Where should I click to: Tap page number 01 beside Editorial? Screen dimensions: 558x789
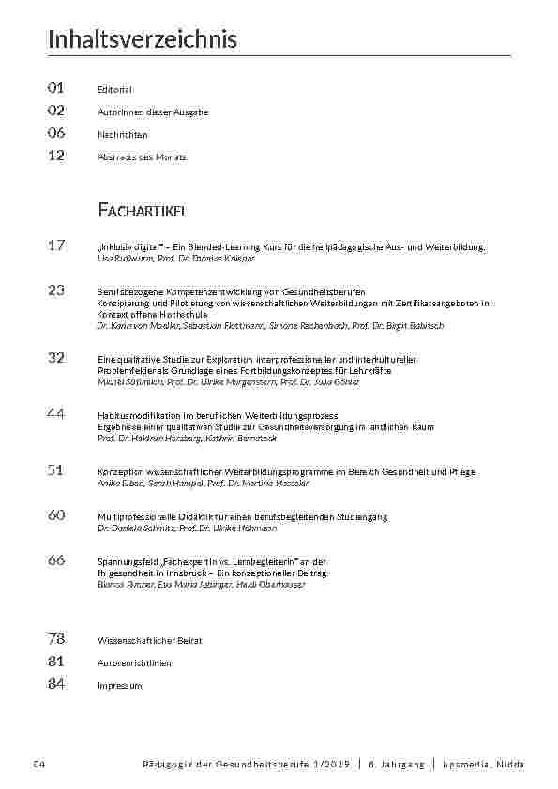tap(55, 88)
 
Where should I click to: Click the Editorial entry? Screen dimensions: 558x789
tap(114, 89)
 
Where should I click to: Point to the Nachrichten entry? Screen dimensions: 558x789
tap(122, 134)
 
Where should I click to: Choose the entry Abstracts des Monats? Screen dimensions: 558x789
tap(142, 156)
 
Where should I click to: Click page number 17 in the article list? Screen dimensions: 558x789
tap(55, 246)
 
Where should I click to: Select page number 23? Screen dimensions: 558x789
tap(55, 290)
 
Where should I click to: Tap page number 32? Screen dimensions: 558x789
tap(55, 357)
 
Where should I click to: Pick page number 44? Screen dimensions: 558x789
tap(55, 413)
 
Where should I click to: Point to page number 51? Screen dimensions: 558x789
tap(55, 470)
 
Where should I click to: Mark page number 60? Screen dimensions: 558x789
tap(55, 515)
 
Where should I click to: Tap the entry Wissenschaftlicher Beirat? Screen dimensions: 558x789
tap(149, 640)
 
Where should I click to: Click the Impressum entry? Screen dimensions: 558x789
tap(119, 685)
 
